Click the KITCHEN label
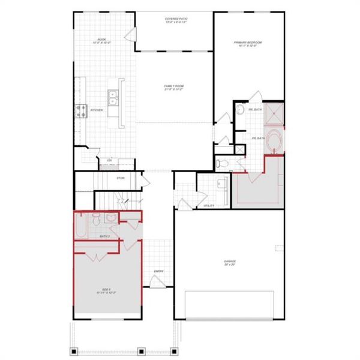(x=96, y=110)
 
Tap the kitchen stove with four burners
(x=82, y=110)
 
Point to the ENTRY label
(x=158, y=272)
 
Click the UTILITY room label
(x=209, y=206)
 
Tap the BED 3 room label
(x=106, y=291)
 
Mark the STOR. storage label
(x=120, y=178)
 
